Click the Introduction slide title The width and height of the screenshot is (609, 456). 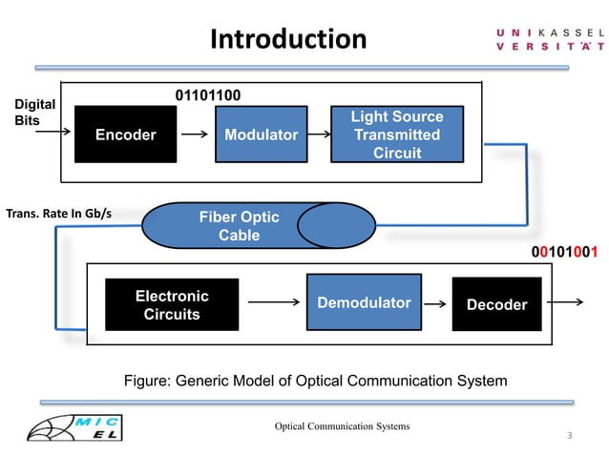(x=287, y=39)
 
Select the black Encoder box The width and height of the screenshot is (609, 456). (x=125, y=135)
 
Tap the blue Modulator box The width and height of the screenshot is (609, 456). (x=261, y=135)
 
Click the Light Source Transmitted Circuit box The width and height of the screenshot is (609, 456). (x=396, y=135)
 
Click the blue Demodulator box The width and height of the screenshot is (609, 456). (x=364, y=303)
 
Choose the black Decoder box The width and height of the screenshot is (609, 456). (x=496, y=304)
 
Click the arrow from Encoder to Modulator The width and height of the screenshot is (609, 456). (x=194, y=135)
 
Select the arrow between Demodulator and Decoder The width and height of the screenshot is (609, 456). (x=436, y=304)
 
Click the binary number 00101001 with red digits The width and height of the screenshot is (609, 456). (x=564, y=253)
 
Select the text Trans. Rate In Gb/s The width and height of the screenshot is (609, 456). (x=59, y=213)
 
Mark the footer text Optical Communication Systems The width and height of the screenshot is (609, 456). (x=343, y=425)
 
